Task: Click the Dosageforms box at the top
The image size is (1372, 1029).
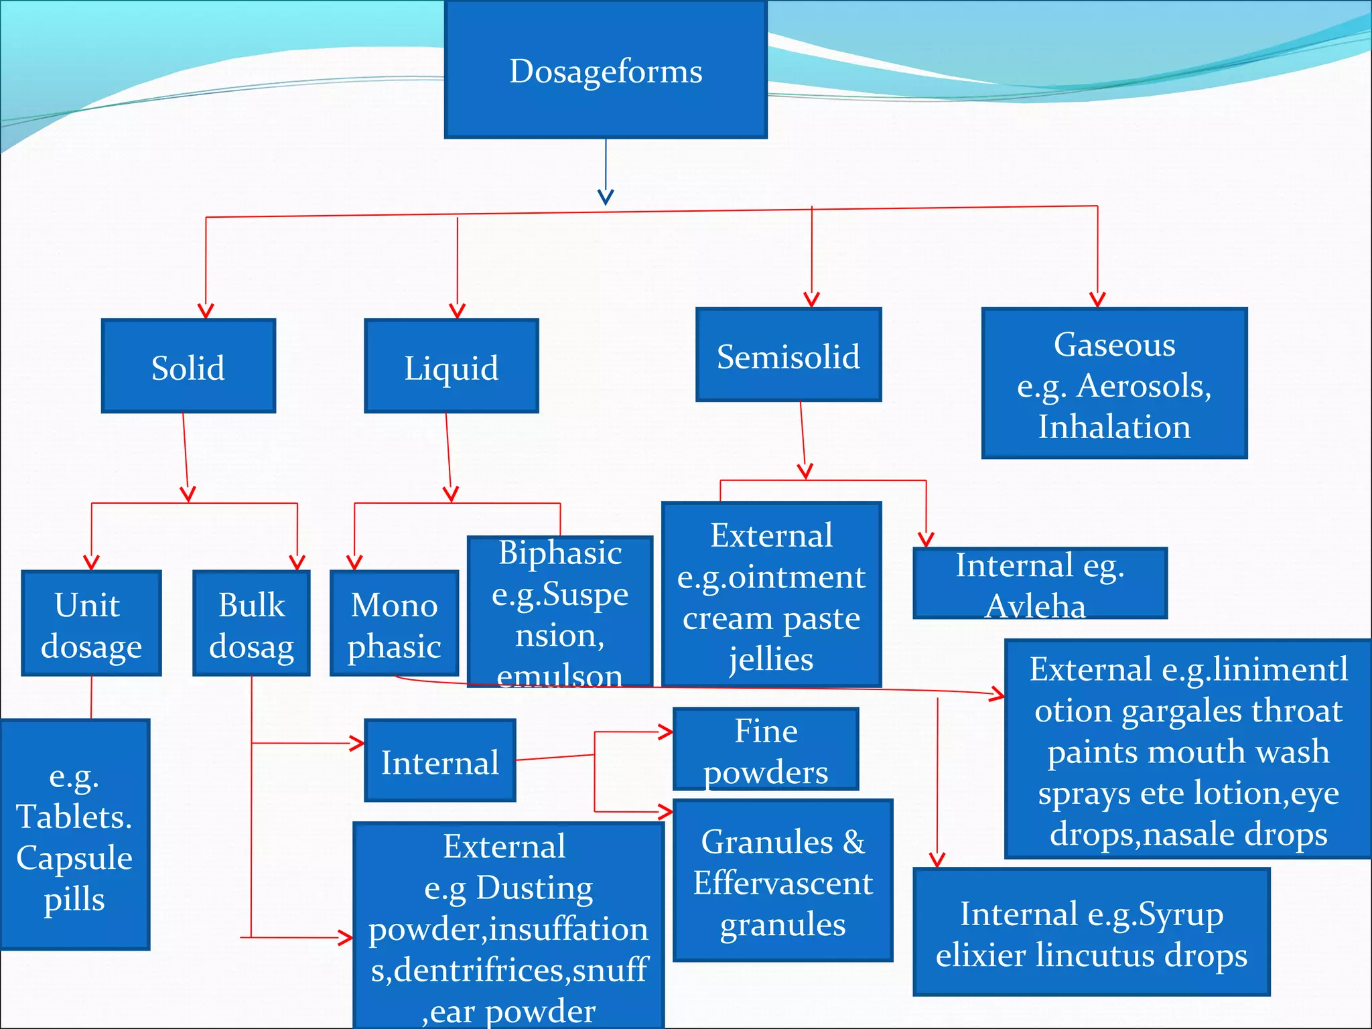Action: click(606, 70)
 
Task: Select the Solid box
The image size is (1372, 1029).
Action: click(188, 366)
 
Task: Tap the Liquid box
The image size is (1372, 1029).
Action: click(451, 366)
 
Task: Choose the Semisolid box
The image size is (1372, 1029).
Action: click(788, 355)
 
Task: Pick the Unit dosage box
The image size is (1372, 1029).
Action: click(91, 624)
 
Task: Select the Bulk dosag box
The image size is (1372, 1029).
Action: click(251, 624)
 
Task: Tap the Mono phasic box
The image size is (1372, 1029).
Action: click(394, 624)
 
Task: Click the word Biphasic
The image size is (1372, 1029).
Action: click(560, 553)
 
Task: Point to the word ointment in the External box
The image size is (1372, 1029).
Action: click(797, 577)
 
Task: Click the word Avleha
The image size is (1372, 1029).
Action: click(1035, 606)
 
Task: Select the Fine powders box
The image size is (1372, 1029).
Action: click(765, 750)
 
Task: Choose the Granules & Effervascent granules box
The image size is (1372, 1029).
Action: click(782, 881)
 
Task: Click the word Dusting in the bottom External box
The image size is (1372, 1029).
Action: click(534, 888)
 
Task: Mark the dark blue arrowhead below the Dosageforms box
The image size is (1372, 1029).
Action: click(606, 197)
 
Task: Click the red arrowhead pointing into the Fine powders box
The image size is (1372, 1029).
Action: click(665, 732)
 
